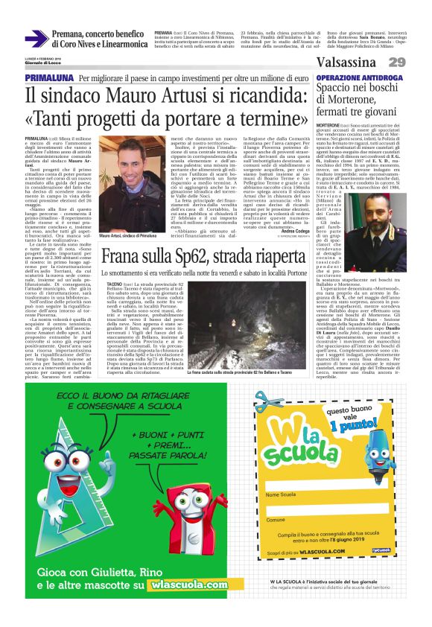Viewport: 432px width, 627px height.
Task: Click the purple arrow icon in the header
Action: point(36,39)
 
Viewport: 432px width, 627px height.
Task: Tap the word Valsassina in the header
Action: point(346,63)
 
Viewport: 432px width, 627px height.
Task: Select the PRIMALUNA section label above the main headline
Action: point(49,78)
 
